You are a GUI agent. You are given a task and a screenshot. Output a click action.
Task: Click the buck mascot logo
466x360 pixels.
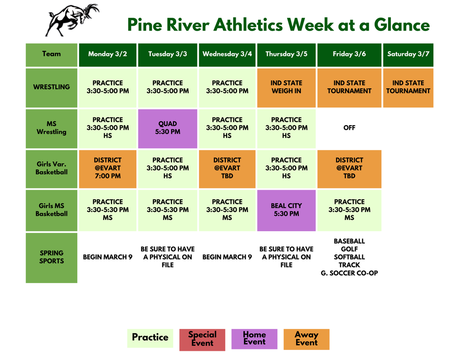[72, 20]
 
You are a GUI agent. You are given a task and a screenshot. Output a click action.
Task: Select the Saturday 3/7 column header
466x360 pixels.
[408, 54]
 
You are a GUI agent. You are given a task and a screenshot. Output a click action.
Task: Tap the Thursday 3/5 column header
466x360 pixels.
[286, 54]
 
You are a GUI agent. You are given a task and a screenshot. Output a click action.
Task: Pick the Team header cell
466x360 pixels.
[51, 54]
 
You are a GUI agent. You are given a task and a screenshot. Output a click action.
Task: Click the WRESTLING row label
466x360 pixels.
[51, 87]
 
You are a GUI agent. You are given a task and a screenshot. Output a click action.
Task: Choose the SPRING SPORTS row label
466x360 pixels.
[51, 257]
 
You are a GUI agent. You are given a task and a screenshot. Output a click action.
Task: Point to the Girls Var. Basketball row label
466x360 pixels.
[51, 168]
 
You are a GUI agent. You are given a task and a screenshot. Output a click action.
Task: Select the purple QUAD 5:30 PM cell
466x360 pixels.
[167, 128]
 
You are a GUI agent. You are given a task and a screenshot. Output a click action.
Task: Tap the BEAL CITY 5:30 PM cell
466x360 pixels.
[286, 210]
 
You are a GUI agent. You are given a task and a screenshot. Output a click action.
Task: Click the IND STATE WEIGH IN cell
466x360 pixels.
[286, 87]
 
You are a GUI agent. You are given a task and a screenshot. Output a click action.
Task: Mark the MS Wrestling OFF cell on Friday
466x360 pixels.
[349, 128]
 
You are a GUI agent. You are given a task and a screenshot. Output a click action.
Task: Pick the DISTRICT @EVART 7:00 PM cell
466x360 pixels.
[107, 168]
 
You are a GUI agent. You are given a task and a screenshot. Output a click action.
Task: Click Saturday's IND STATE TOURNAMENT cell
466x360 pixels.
[408, 87]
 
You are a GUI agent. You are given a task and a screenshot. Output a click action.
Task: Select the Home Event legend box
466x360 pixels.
[254, 339]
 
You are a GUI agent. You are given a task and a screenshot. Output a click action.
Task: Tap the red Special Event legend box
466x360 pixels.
[202, 339]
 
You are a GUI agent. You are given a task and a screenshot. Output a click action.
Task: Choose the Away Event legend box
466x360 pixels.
[306, 339]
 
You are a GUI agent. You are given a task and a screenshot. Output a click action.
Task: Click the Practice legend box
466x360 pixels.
[150, 338]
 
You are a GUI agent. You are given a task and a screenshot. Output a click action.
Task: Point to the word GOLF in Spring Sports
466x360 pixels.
[349, 249]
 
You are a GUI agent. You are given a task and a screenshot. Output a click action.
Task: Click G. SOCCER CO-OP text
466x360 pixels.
[349, 273]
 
